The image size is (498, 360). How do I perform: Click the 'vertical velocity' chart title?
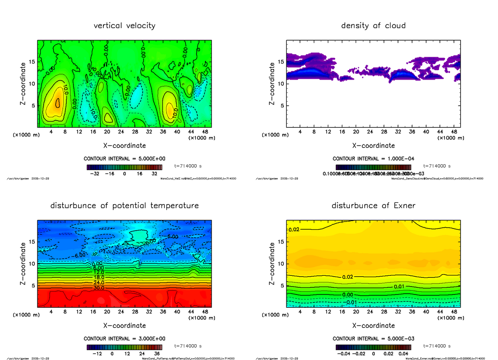pos(124,26)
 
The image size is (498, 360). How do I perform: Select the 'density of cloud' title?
pos(373,26)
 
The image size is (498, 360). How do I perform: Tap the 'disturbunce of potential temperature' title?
pos(124,206)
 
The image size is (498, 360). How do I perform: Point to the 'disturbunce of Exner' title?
pos(373,206)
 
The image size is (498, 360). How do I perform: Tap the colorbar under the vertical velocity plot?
pos(124,167)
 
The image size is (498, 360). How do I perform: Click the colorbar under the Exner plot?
pos(373,347)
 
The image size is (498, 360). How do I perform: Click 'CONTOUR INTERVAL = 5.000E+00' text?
pos(124,159)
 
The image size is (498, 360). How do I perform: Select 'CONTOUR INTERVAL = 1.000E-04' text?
pos(373,159)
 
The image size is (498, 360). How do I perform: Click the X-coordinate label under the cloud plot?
pos(373,146)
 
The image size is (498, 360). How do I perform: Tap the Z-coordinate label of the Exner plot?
pos(272,263)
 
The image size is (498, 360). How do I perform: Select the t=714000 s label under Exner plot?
pos(437,346)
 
